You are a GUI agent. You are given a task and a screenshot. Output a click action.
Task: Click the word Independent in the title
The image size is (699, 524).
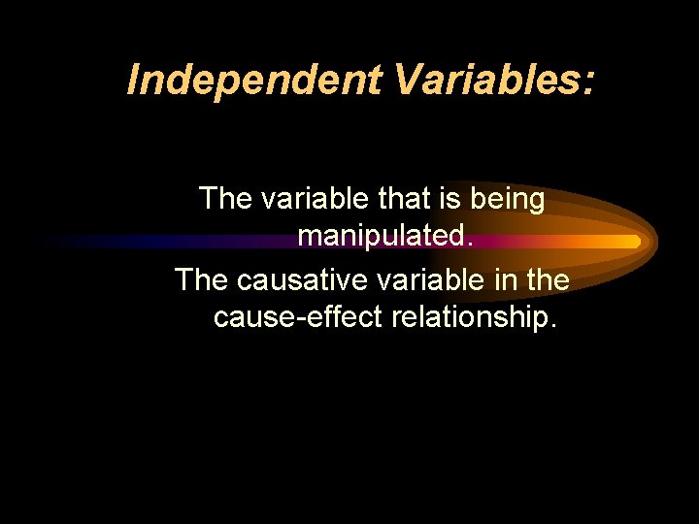[x=255, y=80]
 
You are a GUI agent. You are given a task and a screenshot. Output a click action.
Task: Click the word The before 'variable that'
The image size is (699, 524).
[x=226, y=199]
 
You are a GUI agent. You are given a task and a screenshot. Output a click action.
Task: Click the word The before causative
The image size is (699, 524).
[x=202, y=279]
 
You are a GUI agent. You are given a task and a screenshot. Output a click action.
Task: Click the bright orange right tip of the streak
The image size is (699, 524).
[x=633, y=241]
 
